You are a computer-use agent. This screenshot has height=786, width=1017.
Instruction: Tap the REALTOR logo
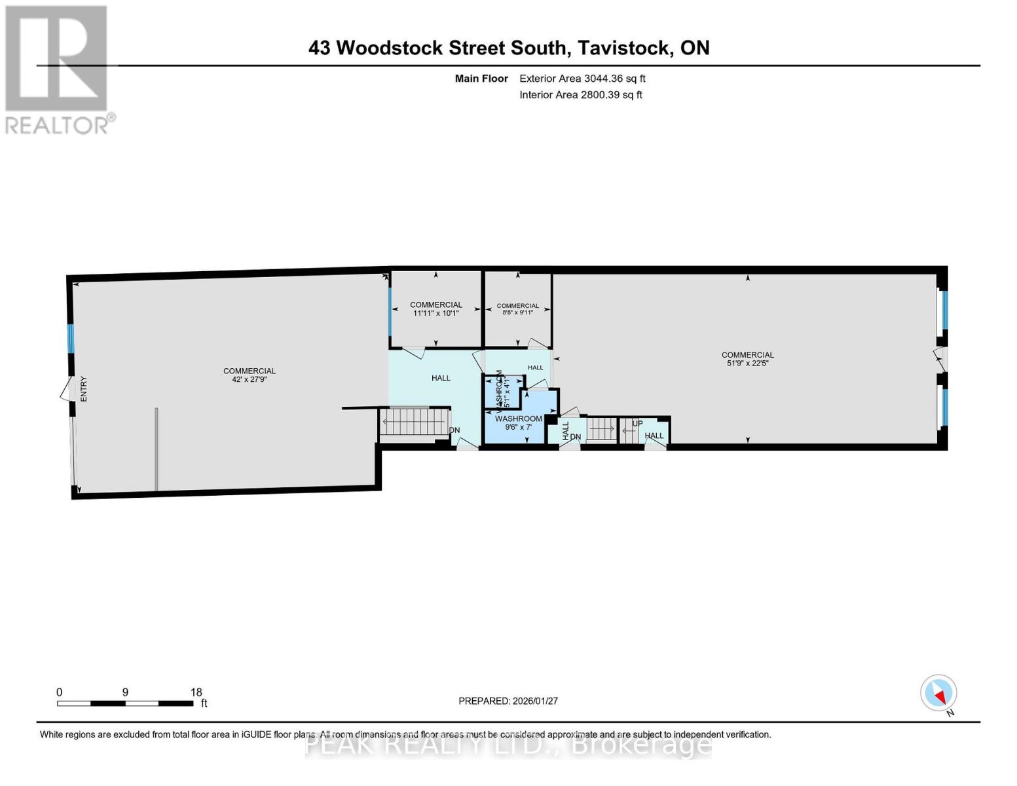coord(58,69)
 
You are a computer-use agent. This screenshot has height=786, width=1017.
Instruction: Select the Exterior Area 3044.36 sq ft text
coord(582,79)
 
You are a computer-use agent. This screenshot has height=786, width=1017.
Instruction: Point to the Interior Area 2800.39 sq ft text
coord(580,95)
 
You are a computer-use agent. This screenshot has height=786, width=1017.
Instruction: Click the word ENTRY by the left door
coord(84,389)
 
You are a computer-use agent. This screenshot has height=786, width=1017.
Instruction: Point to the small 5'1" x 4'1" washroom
coord(503,392)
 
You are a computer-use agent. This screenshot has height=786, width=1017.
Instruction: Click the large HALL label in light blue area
coord(441,378)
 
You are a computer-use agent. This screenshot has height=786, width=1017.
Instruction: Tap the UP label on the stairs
coord(637,424)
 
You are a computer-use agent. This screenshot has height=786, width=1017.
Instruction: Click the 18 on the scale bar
coord(196,692)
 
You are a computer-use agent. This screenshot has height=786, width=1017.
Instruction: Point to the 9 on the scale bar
coord(125,692)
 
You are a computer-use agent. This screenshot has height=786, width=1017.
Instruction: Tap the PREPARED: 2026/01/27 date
coord(508,701)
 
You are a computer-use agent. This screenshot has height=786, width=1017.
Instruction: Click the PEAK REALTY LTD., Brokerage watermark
coord(508,745)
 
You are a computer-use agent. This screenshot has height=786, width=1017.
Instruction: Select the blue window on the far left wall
coord(71,339)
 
